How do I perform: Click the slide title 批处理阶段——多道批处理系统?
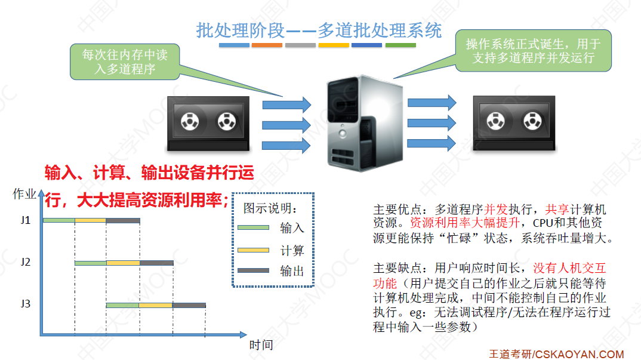[x=319, y=30]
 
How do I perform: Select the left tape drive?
[x=208, y=123]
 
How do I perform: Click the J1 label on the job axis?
[x=25, y=220]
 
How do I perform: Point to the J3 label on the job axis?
[x=25, y=304]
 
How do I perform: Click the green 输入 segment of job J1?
[x=58, y=221]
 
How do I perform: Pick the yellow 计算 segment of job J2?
[x=123, y=263]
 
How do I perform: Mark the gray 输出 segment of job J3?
[x=189, y=305]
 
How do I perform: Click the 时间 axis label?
[x=261, y=345]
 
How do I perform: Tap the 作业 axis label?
[x=24, y=194]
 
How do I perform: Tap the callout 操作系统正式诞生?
[x=533, y=51]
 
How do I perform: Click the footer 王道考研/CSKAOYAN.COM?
[x=556, y=353]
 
